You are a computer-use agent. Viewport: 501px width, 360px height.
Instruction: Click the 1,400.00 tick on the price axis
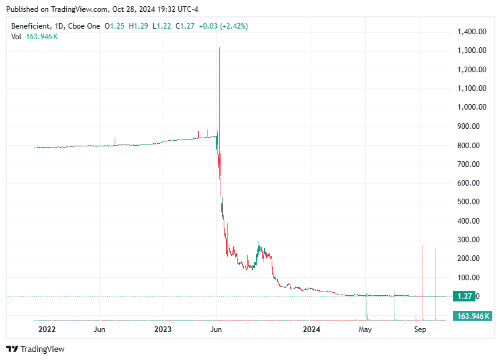(471, 32)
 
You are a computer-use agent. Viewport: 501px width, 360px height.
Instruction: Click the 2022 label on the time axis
(47, 329)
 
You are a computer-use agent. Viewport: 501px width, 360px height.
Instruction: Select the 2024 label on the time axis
(311, 329)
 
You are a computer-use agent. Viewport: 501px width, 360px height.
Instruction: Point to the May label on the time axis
(366, 329)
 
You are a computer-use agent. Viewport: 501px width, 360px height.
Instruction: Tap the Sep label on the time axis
(420, 329)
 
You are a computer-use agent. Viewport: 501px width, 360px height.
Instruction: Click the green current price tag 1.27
(466, 296)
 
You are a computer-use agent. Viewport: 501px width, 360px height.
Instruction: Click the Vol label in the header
(17, 37)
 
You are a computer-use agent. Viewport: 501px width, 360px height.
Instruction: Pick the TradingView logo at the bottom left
(36, 349)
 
